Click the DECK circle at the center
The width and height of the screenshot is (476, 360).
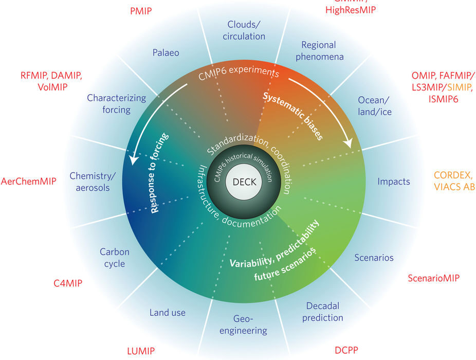[x=244, y=182]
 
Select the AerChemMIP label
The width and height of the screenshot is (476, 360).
[x=28, y=182]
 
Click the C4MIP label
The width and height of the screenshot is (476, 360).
[x=68, y=283]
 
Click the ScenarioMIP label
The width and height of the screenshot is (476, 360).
[x=433, y=278]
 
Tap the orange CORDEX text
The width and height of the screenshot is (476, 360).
[x=452, y=174]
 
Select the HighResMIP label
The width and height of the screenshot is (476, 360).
[x=351, y=10]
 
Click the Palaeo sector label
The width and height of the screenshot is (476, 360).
[x=166, y=52]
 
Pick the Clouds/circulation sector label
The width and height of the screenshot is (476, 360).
[x=246, y=30]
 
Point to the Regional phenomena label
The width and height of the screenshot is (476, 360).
[x=319, y=50]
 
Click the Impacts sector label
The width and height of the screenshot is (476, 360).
[x=394, y=181]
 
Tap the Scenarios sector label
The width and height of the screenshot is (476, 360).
[x=374, y=257]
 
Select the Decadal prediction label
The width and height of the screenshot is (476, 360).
[x=322, y=312]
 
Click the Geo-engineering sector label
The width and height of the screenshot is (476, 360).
[x=243, y=325]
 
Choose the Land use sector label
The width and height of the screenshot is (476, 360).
[x=168, y=312]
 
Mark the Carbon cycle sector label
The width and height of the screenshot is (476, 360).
[x=114, y=258]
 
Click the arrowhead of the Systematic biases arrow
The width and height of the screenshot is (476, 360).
[x=349, y=143]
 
